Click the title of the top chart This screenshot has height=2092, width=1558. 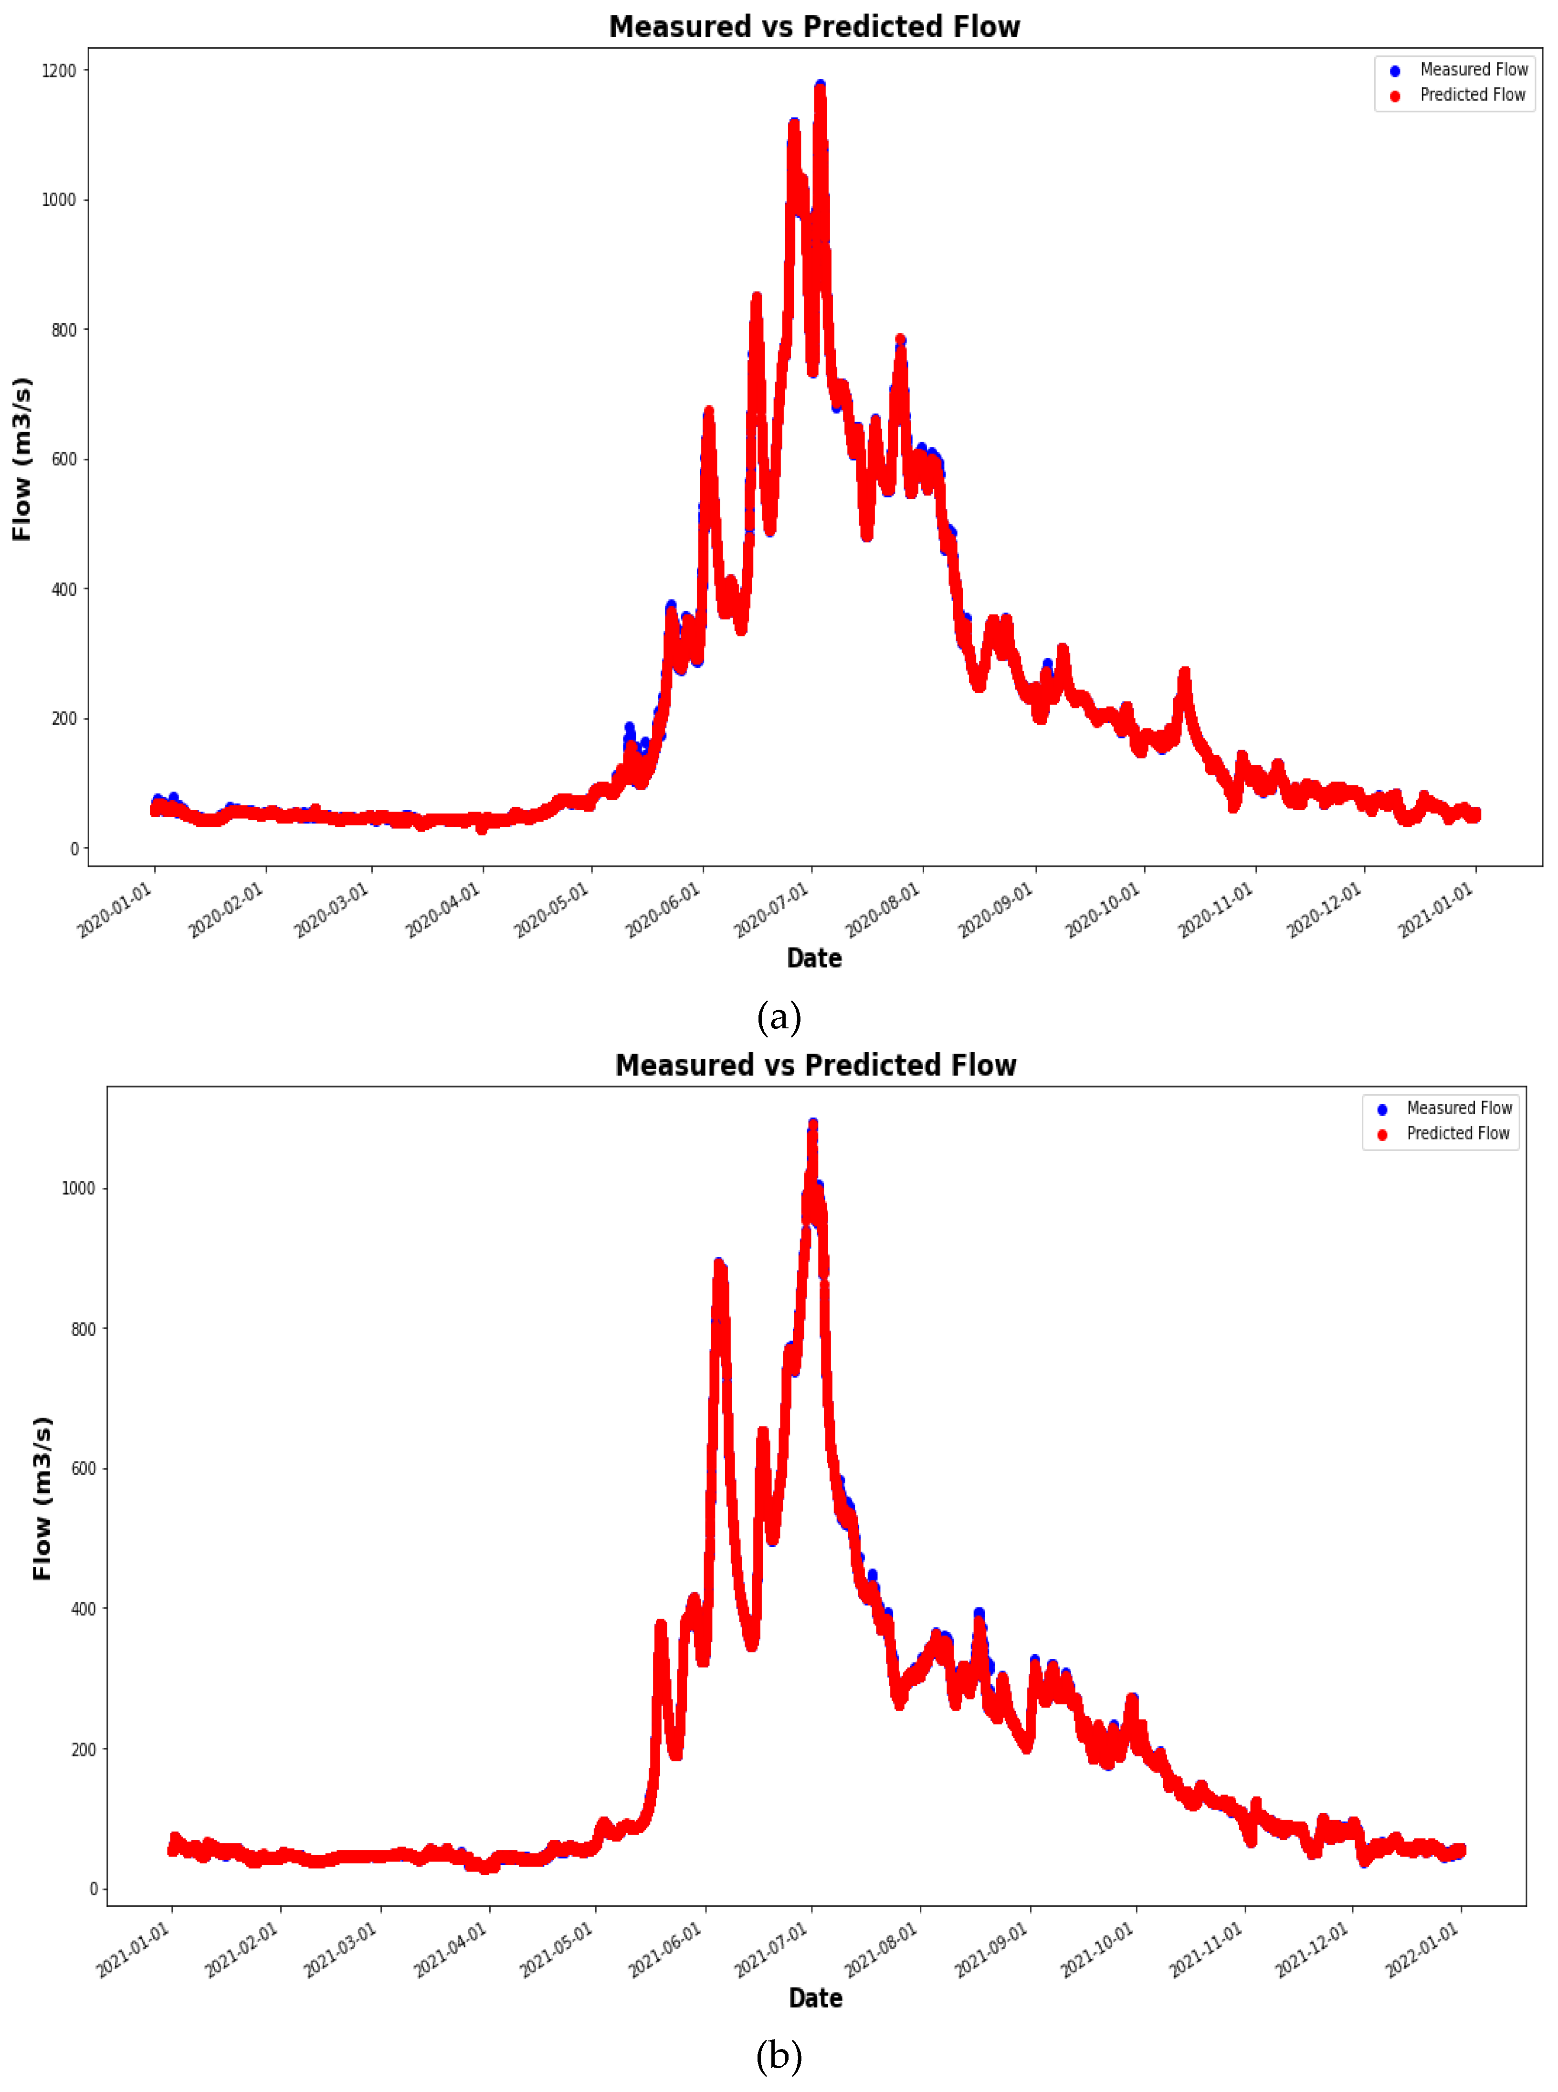814,26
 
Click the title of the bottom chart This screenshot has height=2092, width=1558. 816,1065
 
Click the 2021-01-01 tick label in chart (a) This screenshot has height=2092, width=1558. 1435,910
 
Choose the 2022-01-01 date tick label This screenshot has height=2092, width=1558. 1422,1950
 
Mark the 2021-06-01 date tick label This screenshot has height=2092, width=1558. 666,1950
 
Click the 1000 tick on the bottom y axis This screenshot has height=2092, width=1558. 78,1188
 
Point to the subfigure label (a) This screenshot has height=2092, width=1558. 779,1017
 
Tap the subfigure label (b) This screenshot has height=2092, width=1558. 779,2056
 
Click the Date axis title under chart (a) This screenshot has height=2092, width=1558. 814,958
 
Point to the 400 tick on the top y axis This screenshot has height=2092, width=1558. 64,590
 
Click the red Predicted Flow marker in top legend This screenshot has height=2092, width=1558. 1395,95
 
